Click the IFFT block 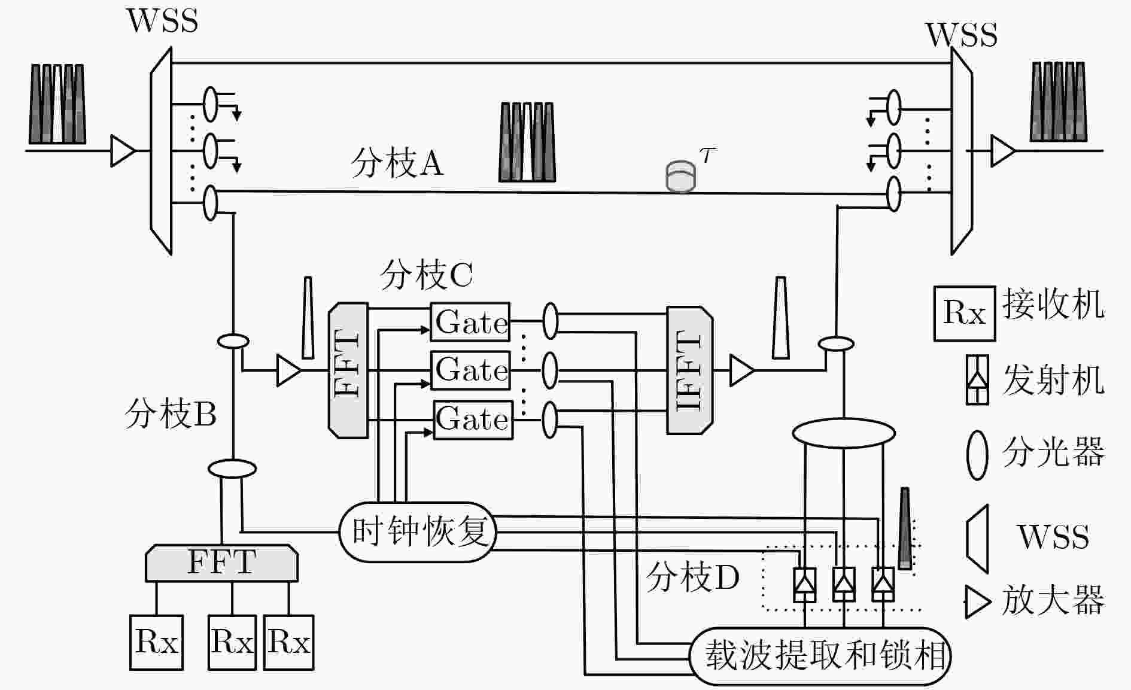pyautogui.click(x=689, y=370)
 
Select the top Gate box pyautogui.click(x=470, y=322)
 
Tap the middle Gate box pyautogui.click(x=471, y=370)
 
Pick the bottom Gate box pyautogui.click(x=473, y=420)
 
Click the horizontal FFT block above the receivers pyautogui.click(x=222, y=563)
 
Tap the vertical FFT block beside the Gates pyautogui.click(x=348, y=370)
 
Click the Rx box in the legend pyautogui.click(x=965, y=314)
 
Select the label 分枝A pyautogui.click(x=397, y=163)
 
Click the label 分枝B pyautogui.click(x=171, y=414)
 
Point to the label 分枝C pyautogui.click(x=426, y=275)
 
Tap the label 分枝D pyautogui.click(x=693, y=577)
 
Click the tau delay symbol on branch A pyautogui.click(x=681, y=176)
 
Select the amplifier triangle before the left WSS pyautogui.click(x=124, y=151)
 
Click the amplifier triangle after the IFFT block pyautogui.click(x=742, y=370)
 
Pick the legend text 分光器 pyautogui.click(x=1053, y=452)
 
